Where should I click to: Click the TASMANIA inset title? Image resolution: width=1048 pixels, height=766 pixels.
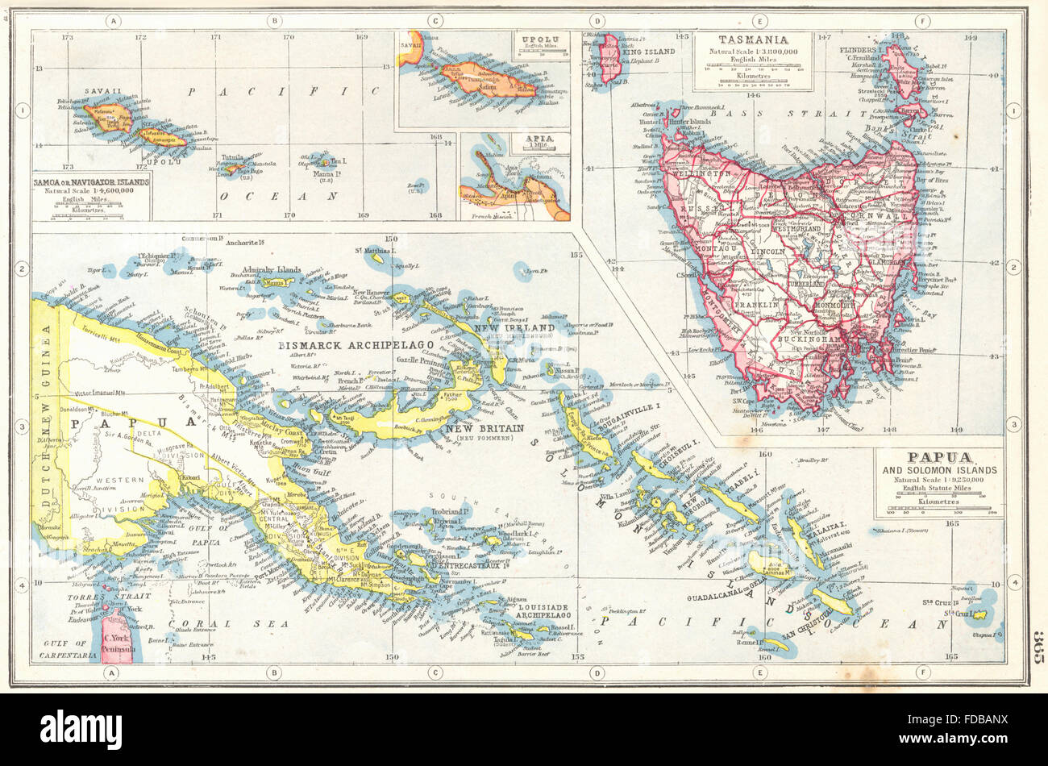coord(754,39)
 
